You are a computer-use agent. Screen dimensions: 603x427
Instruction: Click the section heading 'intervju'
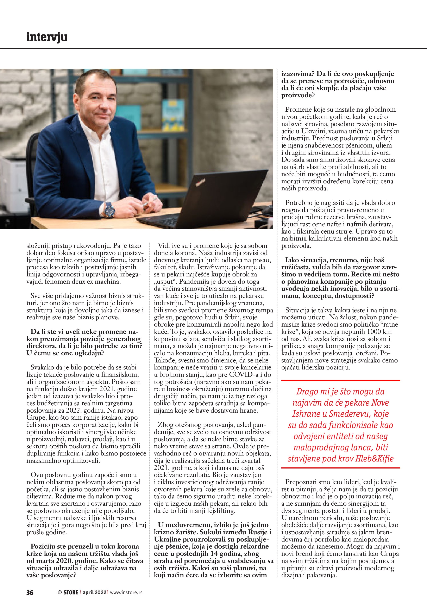tap(47, 37)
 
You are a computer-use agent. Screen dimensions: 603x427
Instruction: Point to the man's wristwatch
tap(109, 210)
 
